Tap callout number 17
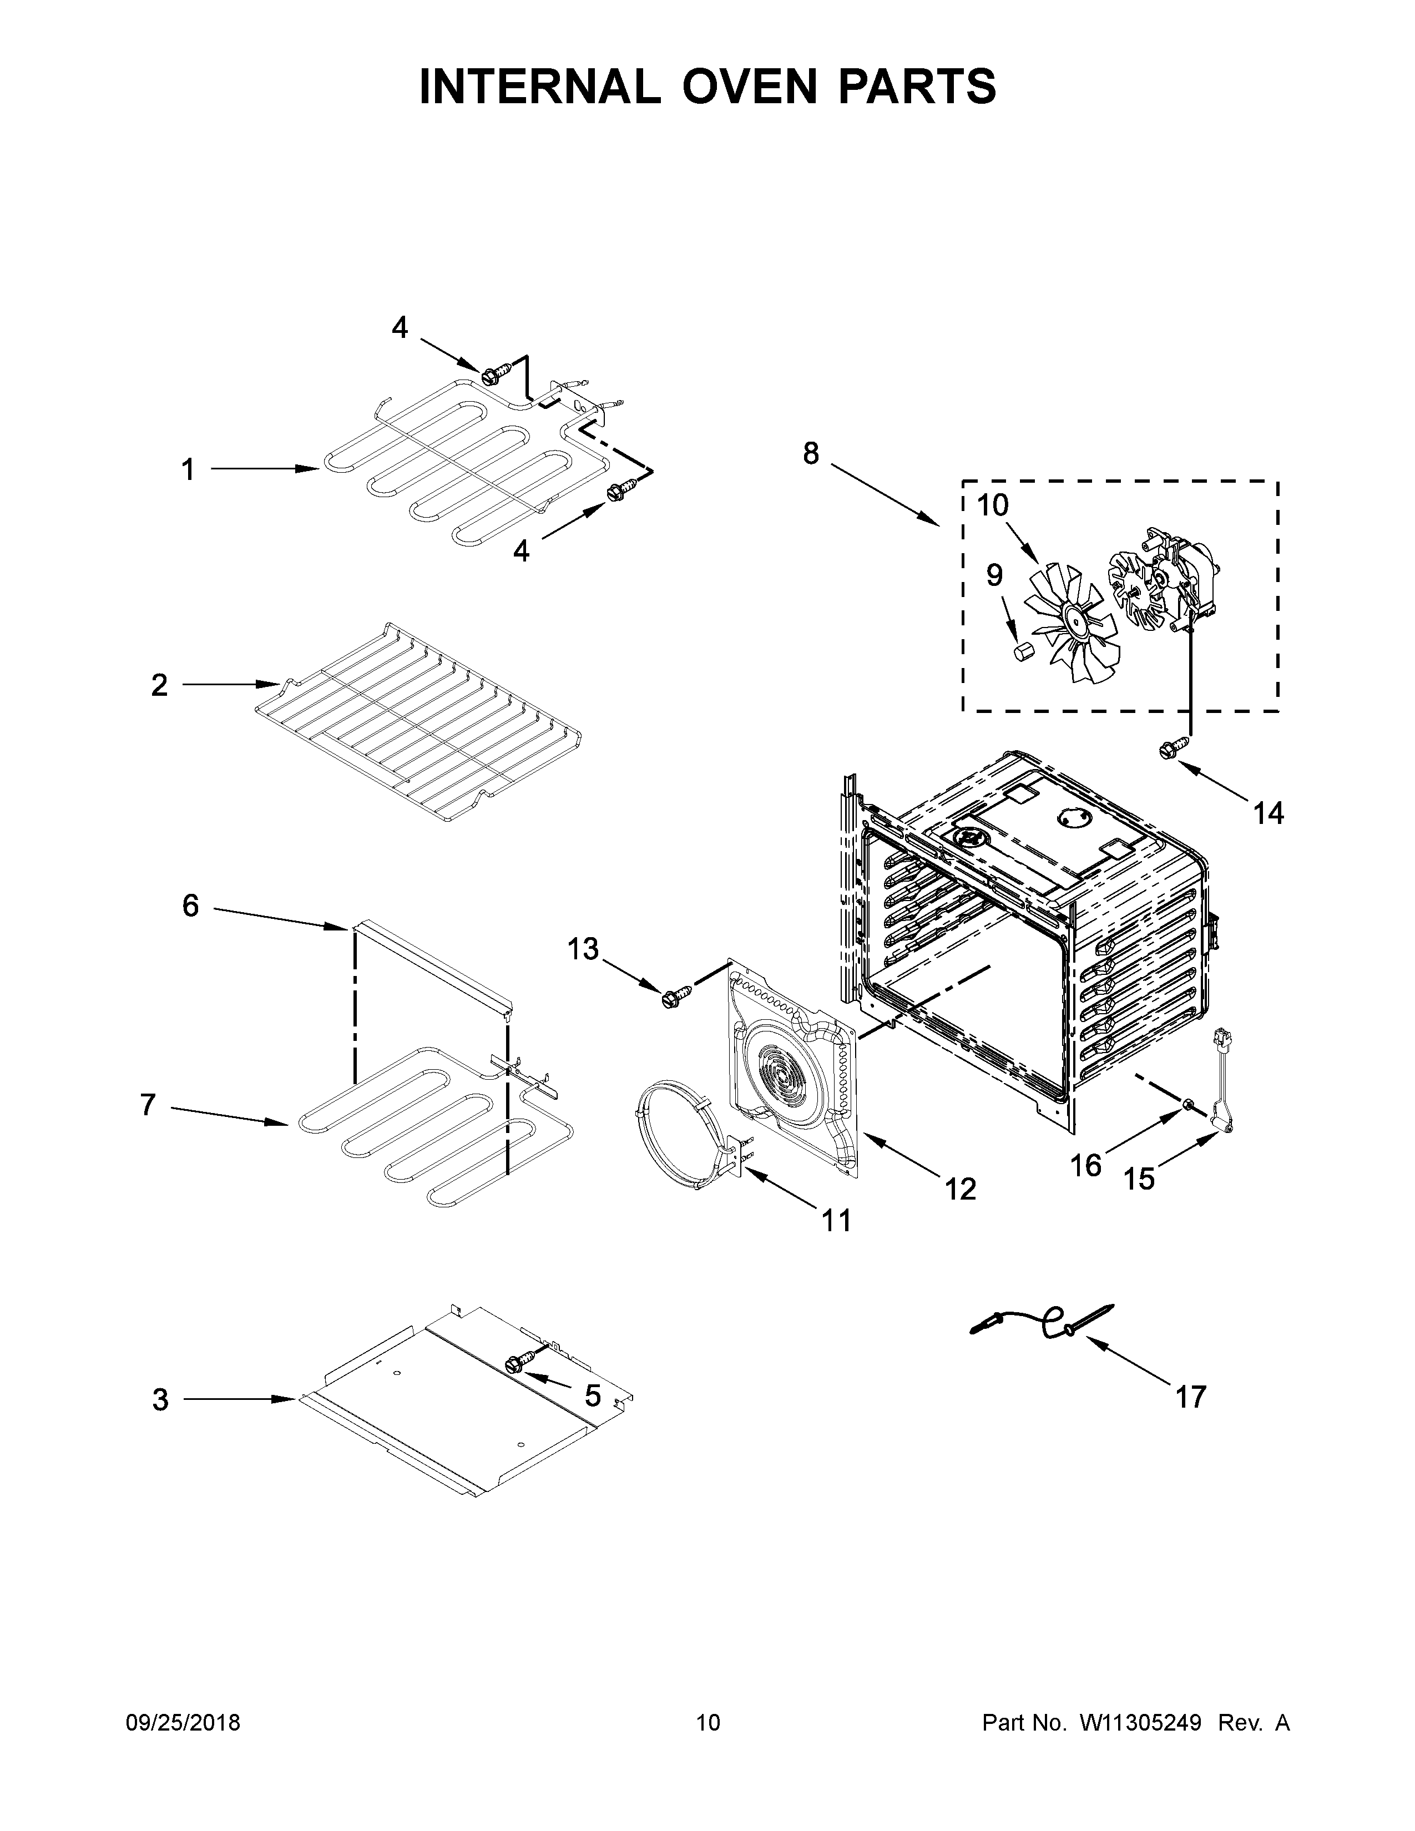point(1190,1397)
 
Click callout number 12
point(960,1188)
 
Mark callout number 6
point(190,906)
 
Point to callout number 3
point(160,1399)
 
